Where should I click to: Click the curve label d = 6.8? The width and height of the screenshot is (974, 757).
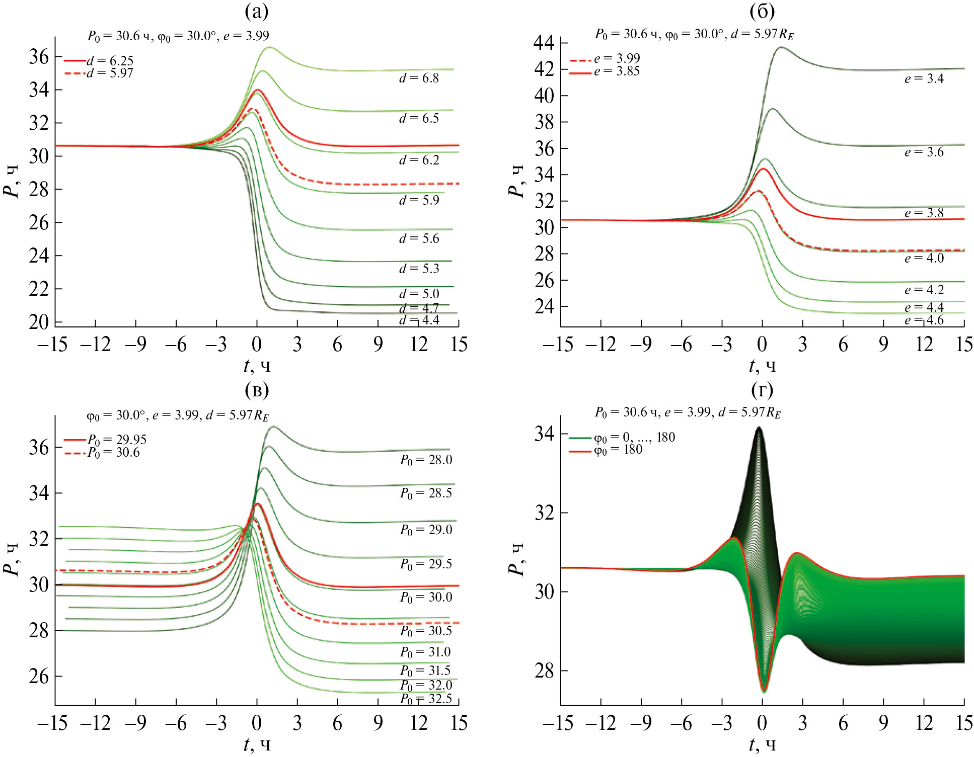click(419, 78)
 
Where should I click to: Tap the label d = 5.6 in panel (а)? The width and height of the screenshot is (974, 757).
click(419, 238)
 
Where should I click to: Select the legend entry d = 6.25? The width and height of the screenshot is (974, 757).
click(110, 61)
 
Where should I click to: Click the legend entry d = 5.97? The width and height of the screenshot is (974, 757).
click(110, 73)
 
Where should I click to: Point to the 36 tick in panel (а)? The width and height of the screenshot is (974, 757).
click(39, 56)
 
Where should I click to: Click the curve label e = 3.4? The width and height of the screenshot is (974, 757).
click(924, 78)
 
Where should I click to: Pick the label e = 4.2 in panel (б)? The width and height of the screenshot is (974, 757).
click(924, 290)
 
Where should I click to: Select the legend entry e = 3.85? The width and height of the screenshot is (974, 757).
click(617, 71)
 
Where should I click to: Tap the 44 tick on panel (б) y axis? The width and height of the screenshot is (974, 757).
click(544, 43)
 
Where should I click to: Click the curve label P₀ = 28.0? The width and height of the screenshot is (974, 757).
click(426, 460)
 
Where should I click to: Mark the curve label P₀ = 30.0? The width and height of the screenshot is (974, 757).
click(426, 597)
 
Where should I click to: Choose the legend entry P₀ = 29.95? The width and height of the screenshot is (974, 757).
click(117, 440)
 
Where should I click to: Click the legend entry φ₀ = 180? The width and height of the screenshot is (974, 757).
click(618, 450)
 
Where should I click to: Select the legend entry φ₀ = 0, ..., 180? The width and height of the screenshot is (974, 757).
click(634, 437)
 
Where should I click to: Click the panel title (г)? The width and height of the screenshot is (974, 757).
click(762, 390)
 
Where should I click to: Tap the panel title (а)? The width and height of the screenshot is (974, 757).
click(256, 11)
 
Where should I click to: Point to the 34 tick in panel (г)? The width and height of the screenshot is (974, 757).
click(544, 434)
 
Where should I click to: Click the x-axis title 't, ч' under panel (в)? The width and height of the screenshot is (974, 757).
click(257, 744)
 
